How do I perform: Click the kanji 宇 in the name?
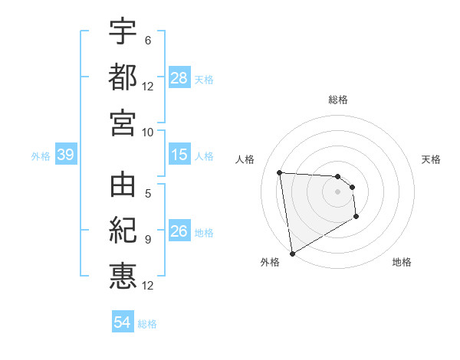123,32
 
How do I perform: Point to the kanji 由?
123,186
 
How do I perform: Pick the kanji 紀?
123,231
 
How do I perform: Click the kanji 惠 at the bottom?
123,275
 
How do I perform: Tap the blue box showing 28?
179,78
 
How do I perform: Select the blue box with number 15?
179,155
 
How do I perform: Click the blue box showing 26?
179,232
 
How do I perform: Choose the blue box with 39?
65,155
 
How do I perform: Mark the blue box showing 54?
123,322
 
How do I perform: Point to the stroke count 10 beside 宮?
147,132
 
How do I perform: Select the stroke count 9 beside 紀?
147,240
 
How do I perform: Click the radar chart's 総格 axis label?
338,100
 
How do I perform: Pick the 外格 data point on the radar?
292,254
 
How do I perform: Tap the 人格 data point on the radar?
279,172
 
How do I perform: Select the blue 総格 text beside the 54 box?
147,324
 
